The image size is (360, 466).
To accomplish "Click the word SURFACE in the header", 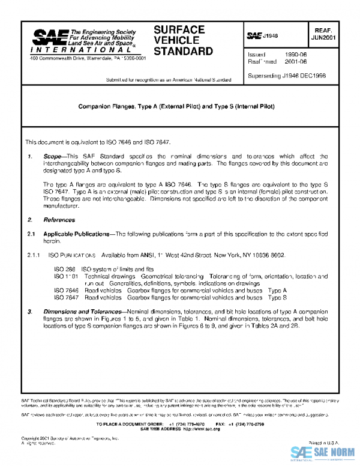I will click(x=179, y=29).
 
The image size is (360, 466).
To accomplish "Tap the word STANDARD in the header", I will click(x=183, y=51).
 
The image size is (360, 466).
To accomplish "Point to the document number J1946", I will click(x=271, y=37).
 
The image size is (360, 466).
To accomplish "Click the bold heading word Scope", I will click(x=52, y=156).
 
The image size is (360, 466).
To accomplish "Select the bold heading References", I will click(x=59, y=220).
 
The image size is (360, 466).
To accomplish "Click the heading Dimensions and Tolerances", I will click(x=80, y=312).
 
